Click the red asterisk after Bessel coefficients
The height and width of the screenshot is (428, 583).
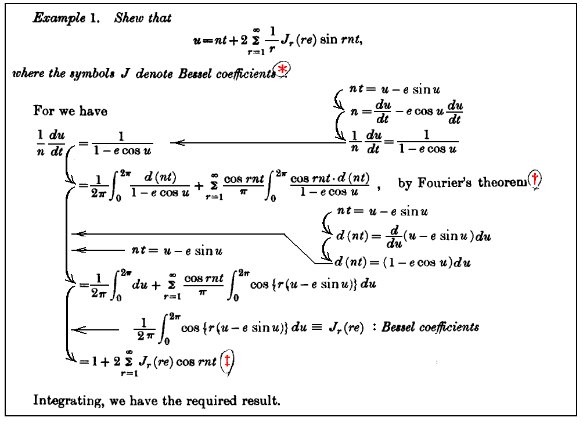(x=283, y=70)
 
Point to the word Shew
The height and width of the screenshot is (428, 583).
(x=125, y=18)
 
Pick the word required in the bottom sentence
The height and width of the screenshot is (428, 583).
(x=211, y=401)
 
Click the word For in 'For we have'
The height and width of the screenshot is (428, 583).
(x=42, y=111)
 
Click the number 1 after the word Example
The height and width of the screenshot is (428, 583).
(x=92, y=18)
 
